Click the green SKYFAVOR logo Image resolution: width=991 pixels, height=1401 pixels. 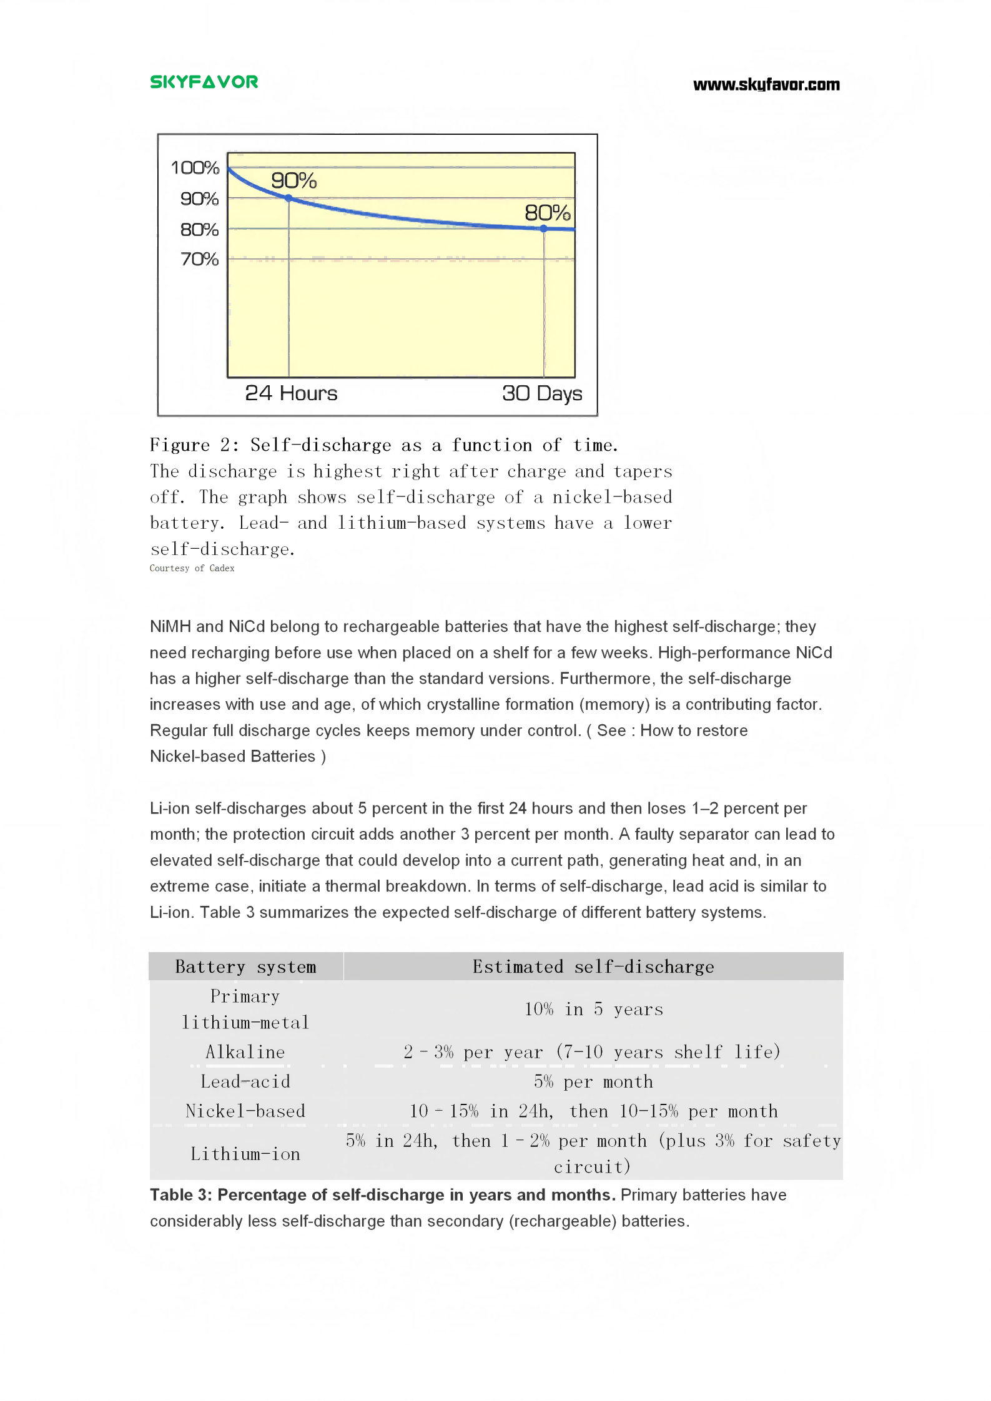coord(204,82)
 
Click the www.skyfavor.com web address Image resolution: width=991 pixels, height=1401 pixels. coord(766,85)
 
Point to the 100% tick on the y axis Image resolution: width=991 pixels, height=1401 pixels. coord(195,167)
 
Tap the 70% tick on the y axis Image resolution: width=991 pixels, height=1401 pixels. coord(199,259)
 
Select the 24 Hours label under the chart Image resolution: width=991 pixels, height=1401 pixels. coord(291,393)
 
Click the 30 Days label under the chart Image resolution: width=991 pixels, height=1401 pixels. coord(541,393)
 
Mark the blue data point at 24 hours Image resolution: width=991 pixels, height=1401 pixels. coord(288,198)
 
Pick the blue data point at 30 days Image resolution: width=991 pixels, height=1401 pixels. coord(544,229)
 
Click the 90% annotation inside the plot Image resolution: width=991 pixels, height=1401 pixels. coord(293,181)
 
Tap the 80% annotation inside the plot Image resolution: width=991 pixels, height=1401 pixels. coord(547,213)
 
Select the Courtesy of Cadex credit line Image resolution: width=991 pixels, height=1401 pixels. coord(192,568)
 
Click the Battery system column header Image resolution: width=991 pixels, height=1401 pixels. coord(245,967)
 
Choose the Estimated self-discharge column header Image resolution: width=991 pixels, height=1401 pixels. coord(593,967)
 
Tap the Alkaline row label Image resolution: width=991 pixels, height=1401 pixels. coord(245,1053)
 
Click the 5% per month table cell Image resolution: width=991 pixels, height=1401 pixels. coord(593,1082)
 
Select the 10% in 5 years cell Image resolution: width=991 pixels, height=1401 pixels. coord(593,1010)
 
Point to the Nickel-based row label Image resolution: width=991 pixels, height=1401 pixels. coord(245,1111)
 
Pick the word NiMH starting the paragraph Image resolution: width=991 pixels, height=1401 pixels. coord(170,627)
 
